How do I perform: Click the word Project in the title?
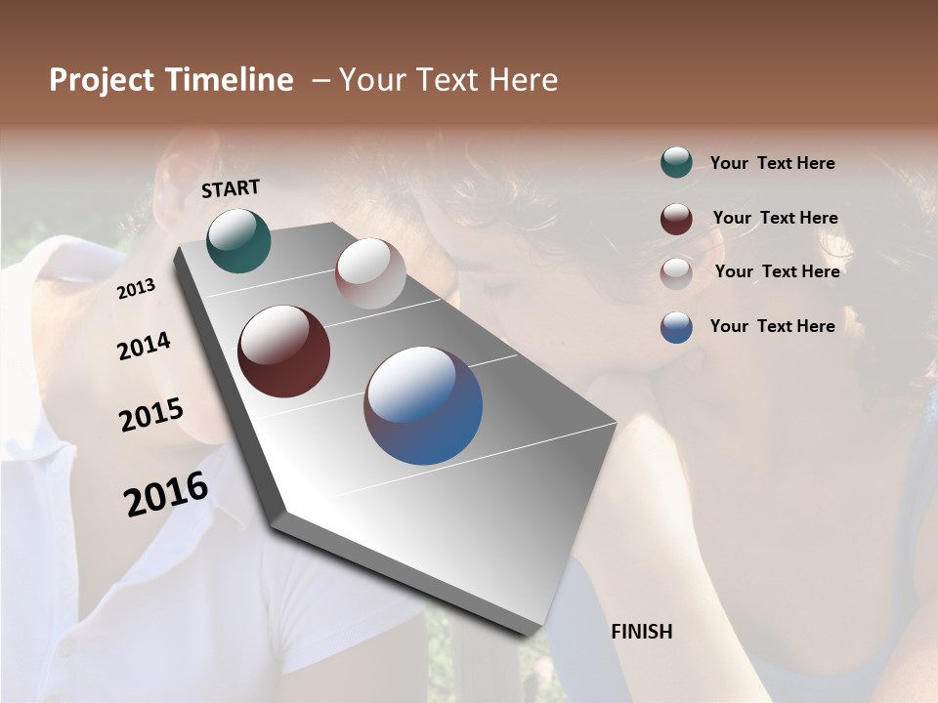point(96,80)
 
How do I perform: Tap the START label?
point(231,188)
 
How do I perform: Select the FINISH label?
point(642,632)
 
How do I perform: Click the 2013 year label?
point(137,289)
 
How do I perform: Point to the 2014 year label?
point(145,346)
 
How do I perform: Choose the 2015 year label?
point(151,415)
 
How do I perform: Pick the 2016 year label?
point(166,493)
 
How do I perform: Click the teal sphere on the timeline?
point(238,240)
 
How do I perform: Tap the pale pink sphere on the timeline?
point(370,273)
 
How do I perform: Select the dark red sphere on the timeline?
point(283,351)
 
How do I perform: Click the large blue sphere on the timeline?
point(423,405)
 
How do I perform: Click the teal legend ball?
point(676,163)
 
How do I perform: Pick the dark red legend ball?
point(676,219)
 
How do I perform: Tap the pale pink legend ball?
point(676,272)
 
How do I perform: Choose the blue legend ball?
point(676,327)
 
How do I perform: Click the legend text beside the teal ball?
point(773,163)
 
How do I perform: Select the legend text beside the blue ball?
point(773,326)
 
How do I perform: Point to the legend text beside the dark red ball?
point(776,218)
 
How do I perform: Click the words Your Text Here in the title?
point(448,80)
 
